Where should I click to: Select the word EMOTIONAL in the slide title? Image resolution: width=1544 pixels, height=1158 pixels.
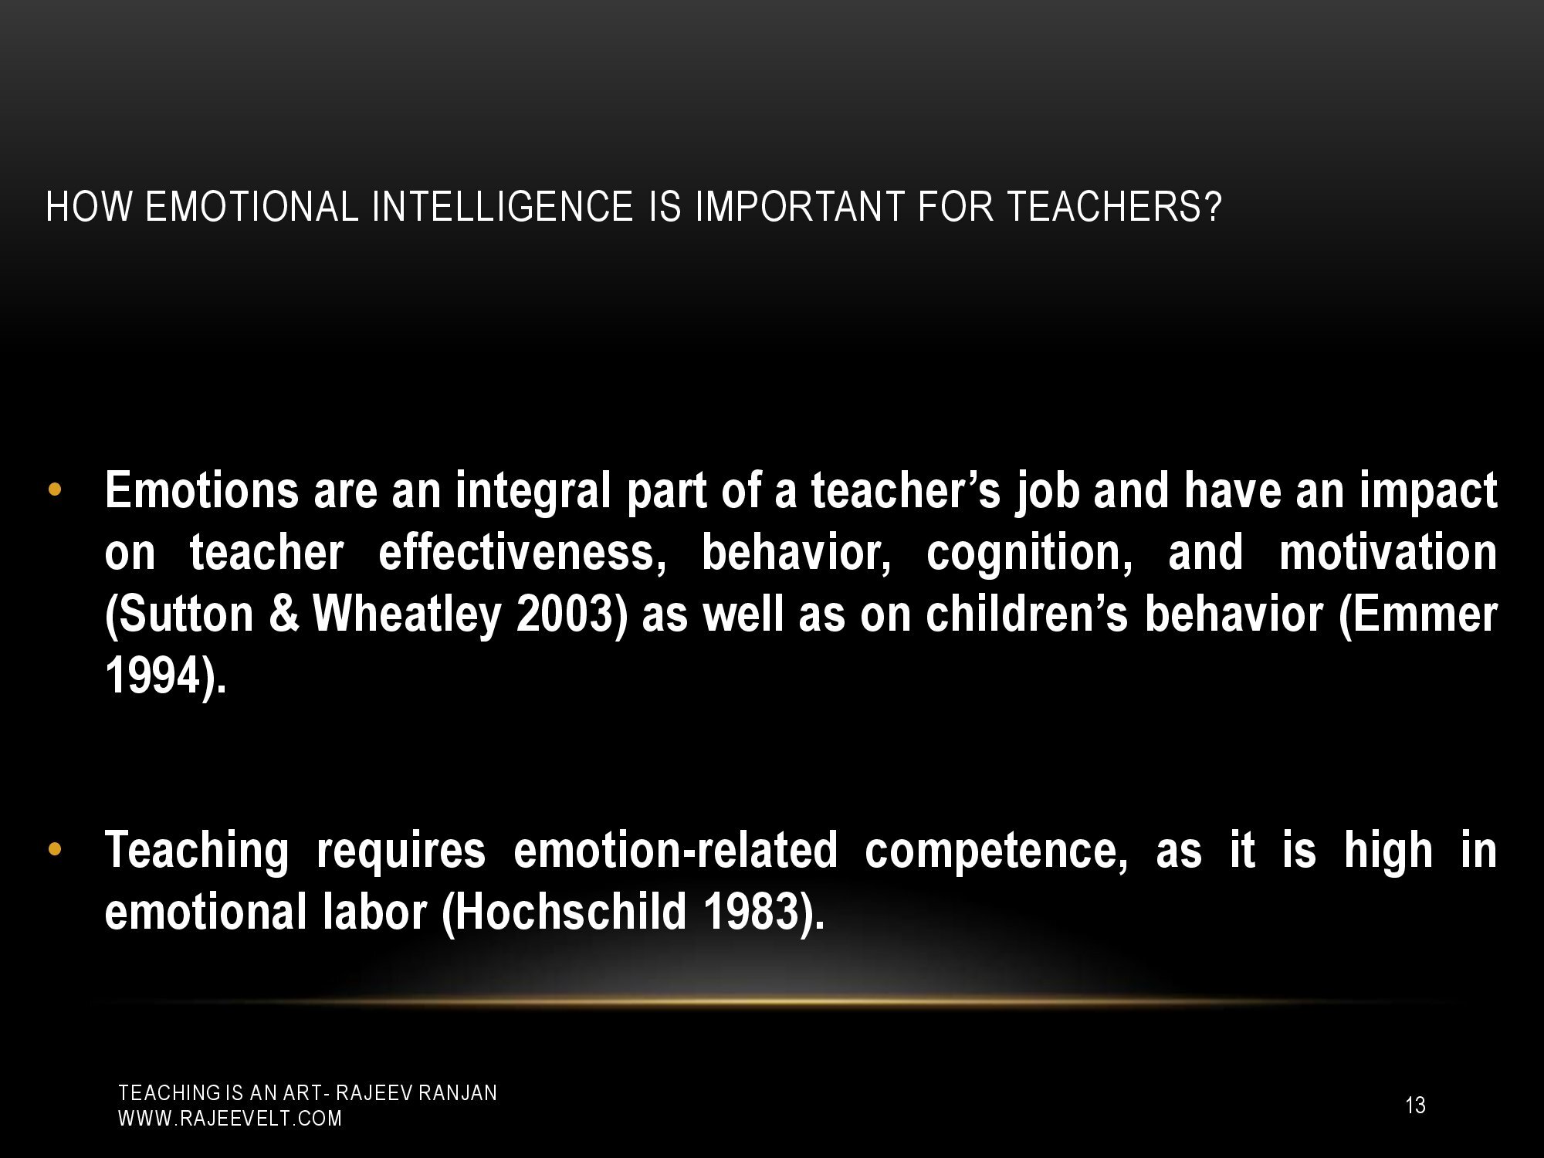click(x=252, y=207)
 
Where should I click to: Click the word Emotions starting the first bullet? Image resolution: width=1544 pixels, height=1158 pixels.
click(x=201, y=491)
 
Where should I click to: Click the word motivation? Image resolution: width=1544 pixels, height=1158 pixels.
click(x=1387, y=553)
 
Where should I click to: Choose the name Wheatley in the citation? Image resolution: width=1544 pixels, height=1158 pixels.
click(x=407, y=615)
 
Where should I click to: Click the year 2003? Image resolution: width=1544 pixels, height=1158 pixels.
click(x=572, y=615)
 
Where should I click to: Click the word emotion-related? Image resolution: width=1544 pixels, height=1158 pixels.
click(x=675, y=850)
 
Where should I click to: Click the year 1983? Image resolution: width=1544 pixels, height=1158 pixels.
click(x=763, y=912)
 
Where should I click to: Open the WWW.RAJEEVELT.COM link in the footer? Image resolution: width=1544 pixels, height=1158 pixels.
click(x=229, y=1119)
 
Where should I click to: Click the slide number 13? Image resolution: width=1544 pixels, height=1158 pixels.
click(x=1415, y=1106)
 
